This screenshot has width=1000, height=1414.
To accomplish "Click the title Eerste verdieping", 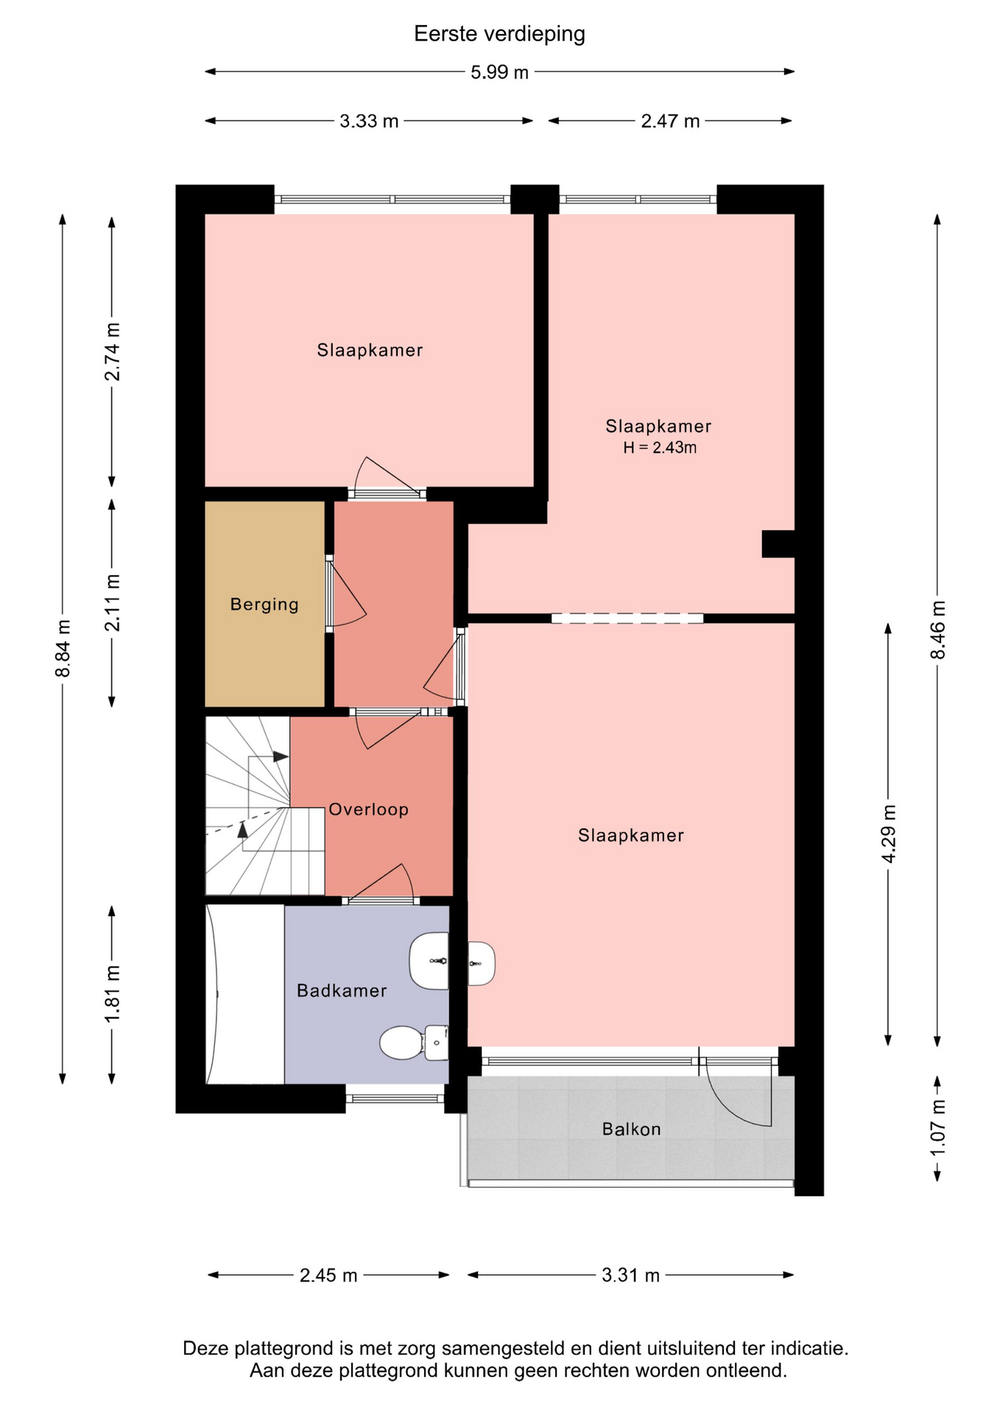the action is (499, 34).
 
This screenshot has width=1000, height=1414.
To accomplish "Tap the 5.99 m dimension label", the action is (499, 72).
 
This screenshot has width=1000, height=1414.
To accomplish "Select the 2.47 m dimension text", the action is (670, 121).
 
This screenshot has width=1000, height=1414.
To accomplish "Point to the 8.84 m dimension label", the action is (63, 648).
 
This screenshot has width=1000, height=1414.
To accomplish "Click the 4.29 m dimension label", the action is (889, 834).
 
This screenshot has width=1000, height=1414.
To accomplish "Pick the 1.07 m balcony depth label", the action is (937, 1128).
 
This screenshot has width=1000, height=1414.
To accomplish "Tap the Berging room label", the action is (264, 605).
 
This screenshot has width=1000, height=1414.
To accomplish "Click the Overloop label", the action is (368, 809).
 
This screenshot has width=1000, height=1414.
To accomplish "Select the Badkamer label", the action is (342, 991).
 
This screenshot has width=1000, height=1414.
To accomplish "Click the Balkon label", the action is (631, 1129).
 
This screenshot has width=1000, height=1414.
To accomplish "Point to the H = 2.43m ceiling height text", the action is (660, 447).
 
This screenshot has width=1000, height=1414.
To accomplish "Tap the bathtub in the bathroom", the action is (245, 994).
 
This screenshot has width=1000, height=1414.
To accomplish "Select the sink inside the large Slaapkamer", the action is (482, 963).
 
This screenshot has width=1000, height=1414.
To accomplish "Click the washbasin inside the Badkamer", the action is (429, 961).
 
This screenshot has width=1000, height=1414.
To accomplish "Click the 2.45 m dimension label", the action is (328, 1275).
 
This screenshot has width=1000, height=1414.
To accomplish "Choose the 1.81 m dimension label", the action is (113, 993).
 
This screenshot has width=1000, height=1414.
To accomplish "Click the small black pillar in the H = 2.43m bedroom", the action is (778, 544).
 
